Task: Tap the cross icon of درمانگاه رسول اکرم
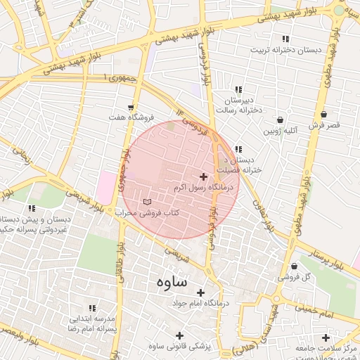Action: [204, 177]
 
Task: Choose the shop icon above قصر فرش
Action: [323, 114]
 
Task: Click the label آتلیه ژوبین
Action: [281, 130]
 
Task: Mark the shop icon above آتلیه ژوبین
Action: [281, 120]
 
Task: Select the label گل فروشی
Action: [311, 276]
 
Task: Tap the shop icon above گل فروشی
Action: [294, 266]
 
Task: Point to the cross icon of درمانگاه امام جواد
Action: [200, 292]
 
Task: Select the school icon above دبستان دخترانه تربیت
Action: [285, 39]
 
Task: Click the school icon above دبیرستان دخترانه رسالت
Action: [238, 90]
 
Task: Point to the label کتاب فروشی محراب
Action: [148, 212]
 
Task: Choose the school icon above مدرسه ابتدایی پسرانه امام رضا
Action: [91, 308]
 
